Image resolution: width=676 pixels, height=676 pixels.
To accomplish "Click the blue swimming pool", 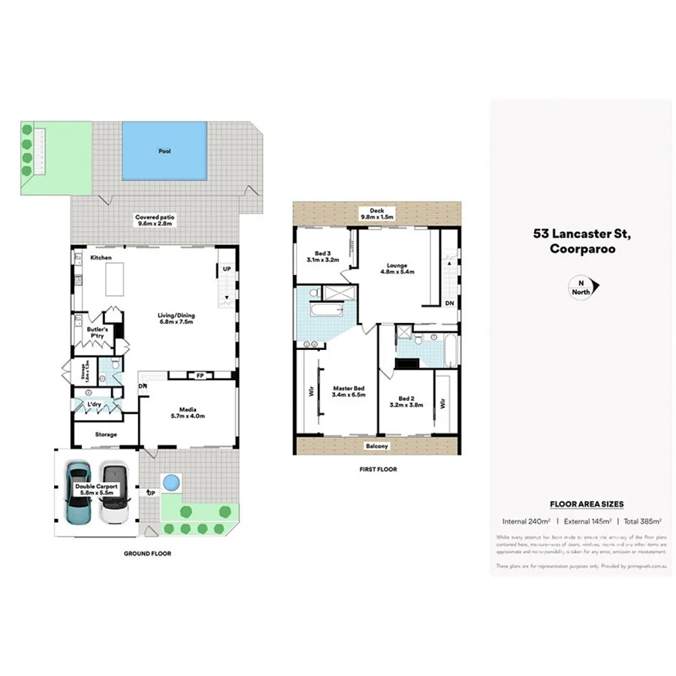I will tap(164, 151).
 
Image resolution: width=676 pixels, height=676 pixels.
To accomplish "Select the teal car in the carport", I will tap(79, 493).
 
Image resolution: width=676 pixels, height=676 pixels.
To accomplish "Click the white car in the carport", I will tap(113, 493).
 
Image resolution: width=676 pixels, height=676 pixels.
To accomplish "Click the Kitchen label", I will tap(101, 258).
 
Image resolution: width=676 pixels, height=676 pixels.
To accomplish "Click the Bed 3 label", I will tap(323, 256).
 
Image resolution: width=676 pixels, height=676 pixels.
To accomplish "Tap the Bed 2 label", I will tap(406, 401).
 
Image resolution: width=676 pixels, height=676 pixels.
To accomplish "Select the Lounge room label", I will tap(397, 268).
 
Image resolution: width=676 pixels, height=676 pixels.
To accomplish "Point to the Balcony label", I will tap(378, 446).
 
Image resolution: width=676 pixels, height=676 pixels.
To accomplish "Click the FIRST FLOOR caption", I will tap(378, 469).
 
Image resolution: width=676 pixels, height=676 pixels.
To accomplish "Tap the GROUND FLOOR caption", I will tap(147, 554).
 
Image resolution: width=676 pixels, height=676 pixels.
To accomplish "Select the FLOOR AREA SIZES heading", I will tap(587, 504).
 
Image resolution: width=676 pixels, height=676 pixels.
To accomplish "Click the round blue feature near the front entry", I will tap(171, 481).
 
